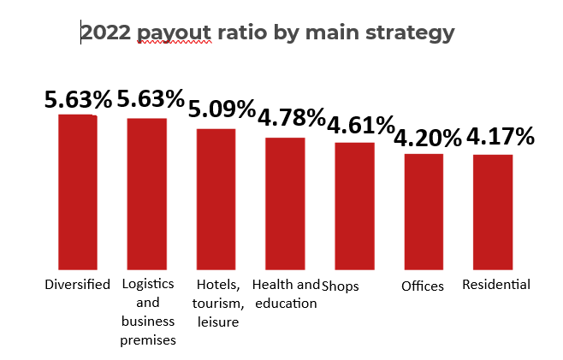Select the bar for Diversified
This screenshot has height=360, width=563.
77,192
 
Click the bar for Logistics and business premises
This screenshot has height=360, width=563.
147,194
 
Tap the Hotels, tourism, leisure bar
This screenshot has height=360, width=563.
216,199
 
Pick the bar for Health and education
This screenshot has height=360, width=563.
285,204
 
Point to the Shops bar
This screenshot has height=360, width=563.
354,206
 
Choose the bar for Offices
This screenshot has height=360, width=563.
424,211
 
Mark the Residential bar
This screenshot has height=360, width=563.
493,212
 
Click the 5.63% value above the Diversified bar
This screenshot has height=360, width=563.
78,99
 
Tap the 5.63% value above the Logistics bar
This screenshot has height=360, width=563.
151,98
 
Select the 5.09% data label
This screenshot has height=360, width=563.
222,109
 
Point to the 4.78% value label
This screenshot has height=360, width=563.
292,118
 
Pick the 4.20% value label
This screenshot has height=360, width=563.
428,137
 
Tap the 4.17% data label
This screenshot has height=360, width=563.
500,136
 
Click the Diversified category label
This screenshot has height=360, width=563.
77,285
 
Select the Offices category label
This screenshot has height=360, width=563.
423,286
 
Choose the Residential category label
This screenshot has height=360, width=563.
496,285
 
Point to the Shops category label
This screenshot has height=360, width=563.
341,286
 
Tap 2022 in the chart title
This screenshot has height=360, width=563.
106,33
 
